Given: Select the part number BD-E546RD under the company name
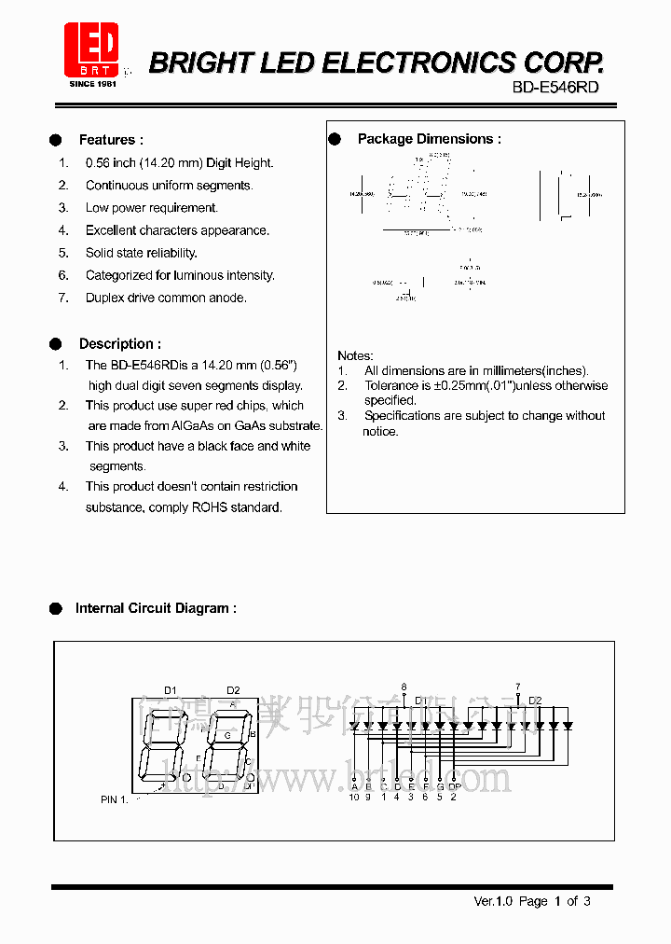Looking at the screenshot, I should point(555,87).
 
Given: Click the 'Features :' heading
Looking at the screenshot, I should point(111,140).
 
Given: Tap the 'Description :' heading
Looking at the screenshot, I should point(119,343).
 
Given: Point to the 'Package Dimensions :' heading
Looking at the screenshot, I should point(429,139).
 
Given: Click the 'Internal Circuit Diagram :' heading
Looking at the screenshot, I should point(156,608).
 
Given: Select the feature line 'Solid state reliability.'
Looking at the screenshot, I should point(141,253).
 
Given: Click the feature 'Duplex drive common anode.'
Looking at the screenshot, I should point(166,298).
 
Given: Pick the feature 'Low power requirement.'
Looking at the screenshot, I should point(151,208).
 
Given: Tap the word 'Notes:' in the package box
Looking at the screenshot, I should point(355,355).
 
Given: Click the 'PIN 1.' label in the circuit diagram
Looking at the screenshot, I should point(114,799).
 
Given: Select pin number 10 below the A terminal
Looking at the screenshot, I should point(354,797).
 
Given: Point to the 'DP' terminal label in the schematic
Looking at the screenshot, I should point(454,786).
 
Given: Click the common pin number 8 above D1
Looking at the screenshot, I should point(404,687).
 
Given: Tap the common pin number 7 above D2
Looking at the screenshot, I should point(518,687).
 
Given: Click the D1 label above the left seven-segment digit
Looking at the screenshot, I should point(171,690).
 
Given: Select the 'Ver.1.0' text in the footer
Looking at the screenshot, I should point(494,901).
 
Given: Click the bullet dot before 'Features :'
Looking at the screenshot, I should point(56,140).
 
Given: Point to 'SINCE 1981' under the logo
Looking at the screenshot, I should point(91,83).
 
